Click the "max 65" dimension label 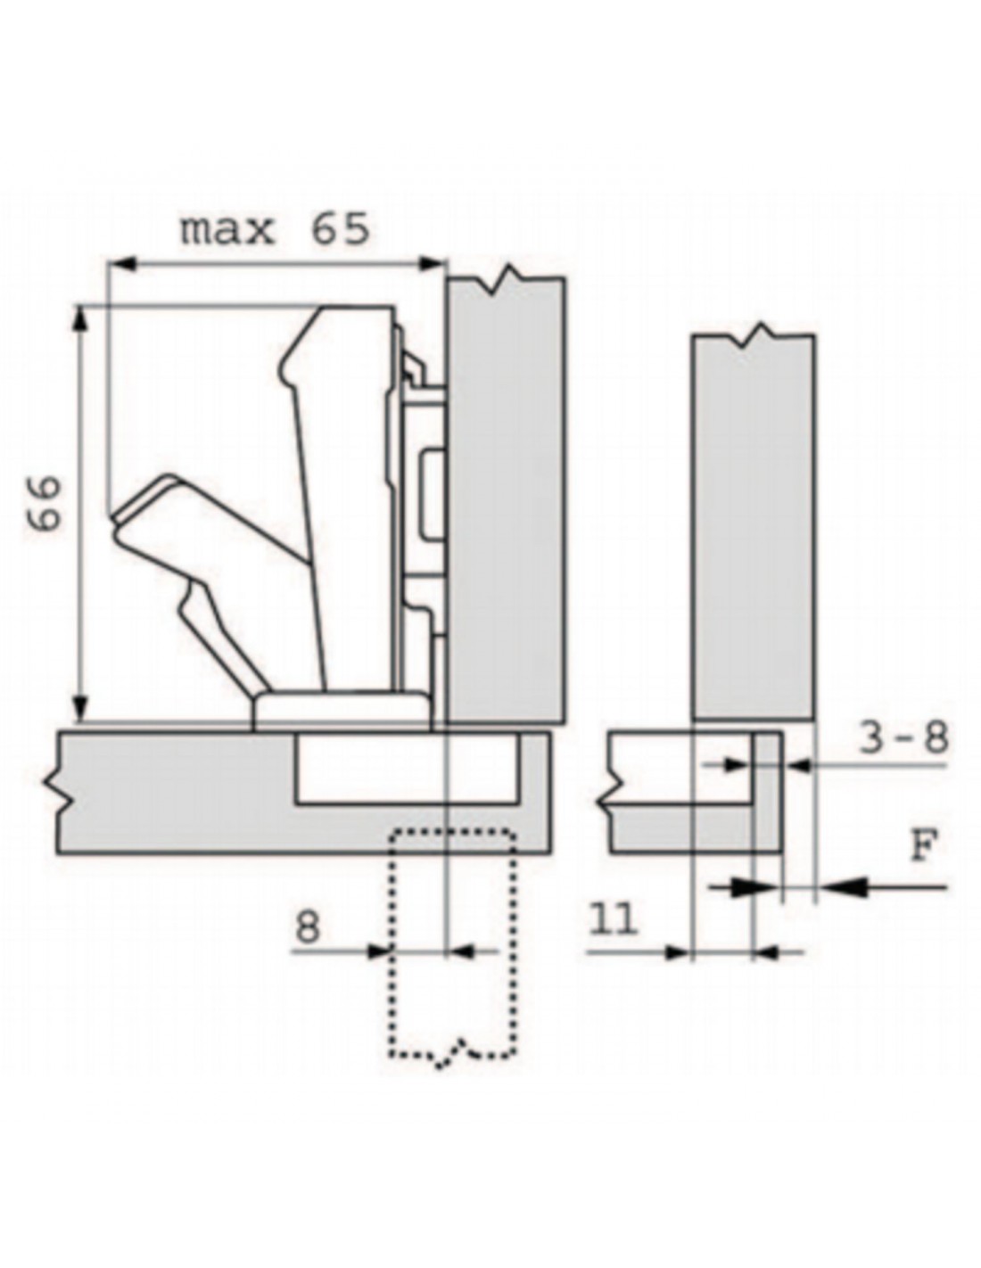(275, 229)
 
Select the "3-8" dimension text (903, 738)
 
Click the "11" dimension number (614, 920)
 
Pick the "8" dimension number (308, 926)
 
